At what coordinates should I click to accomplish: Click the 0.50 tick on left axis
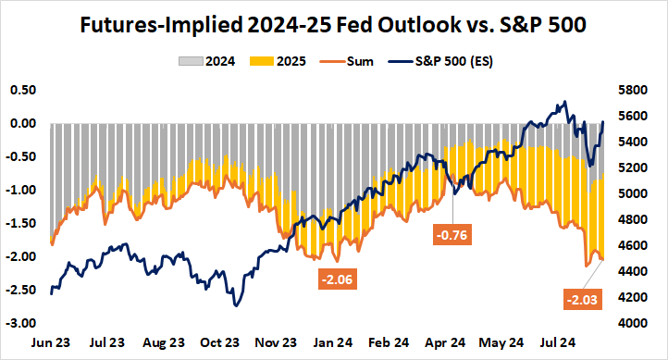(22, 90)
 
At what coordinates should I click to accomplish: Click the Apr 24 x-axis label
(445, 342)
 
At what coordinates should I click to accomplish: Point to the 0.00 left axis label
(22, 123)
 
